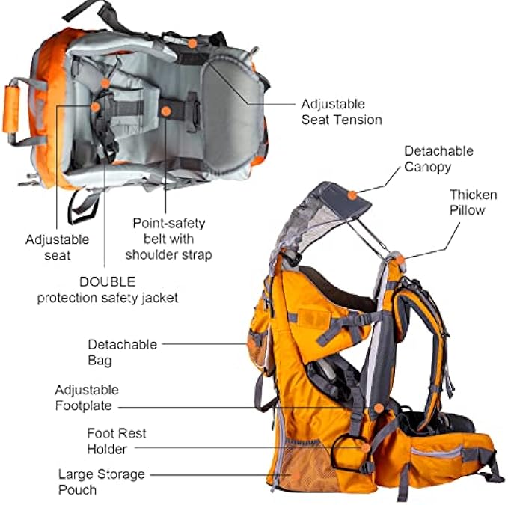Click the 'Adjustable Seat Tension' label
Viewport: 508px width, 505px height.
point(341,112)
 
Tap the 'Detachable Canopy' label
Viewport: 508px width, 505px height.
point(438,159)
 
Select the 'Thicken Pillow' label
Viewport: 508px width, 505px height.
point(473,203)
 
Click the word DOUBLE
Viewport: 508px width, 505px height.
point(107,282)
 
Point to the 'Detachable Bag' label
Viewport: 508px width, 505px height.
point(122,352)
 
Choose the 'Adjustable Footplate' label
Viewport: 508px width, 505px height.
point(87,397)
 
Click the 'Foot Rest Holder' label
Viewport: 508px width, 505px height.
point(116,441)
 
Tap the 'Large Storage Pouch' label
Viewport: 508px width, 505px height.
point(102,482)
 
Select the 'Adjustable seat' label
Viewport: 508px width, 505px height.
point(57,247)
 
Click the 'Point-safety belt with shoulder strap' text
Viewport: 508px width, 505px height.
point(169,239)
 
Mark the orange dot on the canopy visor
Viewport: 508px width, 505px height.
point(352,195)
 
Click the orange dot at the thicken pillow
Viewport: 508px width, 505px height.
point(400,260)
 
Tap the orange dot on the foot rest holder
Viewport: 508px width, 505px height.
point(366,447)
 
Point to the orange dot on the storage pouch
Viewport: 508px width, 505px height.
point(296,475)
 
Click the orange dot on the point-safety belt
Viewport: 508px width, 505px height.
point(166,111)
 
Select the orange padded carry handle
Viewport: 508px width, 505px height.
point(10,109)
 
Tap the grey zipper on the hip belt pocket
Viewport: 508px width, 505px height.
point(436,451)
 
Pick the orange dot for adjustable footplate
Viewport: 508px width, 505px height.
point(379,408)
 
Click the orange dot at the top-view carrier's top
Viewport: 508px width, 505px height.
point(192,43)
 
